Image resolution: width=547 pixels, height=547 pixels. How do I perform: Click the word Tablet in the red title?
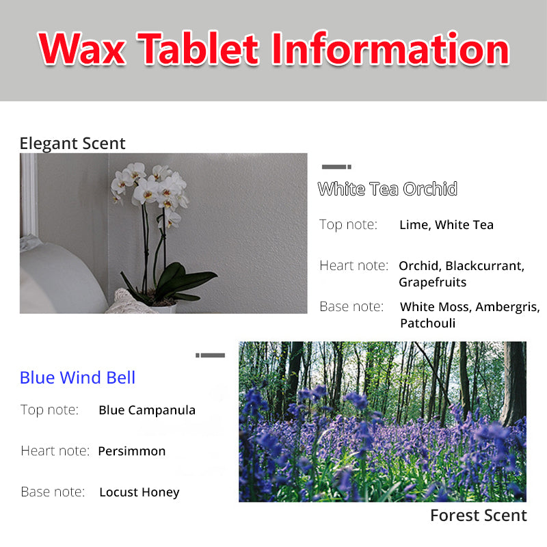(198, 48)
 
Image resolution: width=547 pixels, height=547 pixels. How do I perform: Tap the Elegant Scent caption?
(72, 144)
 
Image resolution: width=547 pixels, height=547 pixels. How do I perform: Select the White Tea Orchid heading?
(387, 189)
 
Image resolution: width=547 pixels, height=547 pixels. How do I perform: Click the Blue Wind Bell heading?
(77, 377)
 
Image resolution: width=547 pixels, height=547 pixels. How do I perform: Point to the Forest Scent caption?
(479, 516)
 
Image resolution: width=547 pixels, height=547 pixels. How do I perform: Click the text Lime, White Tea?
(446, 225)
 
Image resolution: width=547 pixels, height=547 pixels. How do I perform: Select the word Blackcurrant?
(485, 266)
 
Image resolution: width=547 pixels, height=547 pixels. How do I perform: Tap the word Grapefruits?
(433, 282)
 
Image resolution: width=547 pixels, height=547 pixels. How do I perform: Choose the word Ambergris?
(507, 307)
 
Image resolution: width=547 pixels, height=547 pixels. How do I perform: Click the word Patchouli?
(428, 323)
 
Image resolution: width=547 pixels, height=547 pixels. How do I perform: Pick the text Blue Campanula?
(147, 410)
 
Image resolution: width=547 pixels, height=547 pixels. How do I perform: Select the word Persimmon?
(132, 451)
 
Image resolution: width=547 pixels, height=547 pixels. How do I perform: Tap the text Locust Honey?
(139, 492)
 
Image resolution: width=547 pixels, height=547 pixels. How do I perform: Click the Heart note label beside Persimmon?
(55, 451)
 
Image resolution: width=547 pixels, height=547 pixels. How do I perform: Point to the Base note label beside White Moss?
(351, 306)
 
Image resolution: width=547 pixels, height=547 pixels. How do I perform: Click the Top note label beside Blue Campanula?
(49, 410)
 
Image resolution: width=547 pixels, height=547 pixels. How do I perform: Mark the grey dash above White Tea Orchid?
(336, 167)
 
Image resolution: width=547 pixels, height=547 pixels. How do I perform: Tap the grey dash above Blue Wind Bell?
(211, 355)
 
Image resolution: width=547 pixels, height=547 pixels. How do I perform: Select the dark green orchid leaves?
(171, 281)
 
